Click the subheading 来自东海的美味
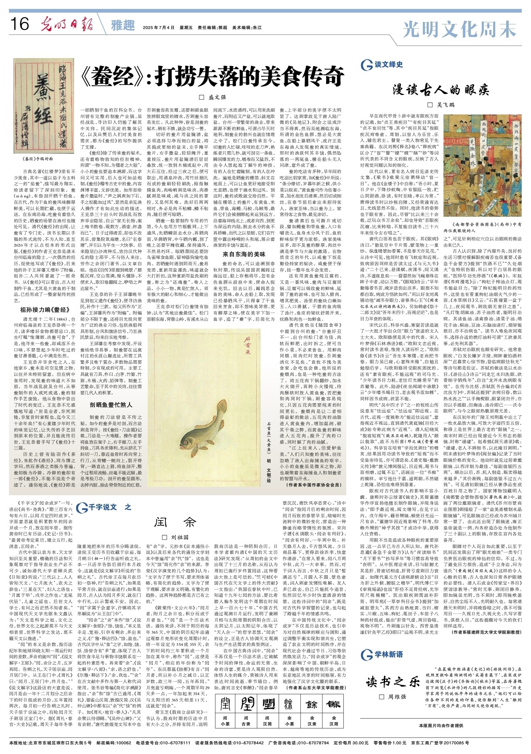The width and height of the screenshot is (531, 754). [244, 254]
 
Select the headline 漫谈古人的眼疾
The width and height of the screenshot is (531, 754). [441, 89]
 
